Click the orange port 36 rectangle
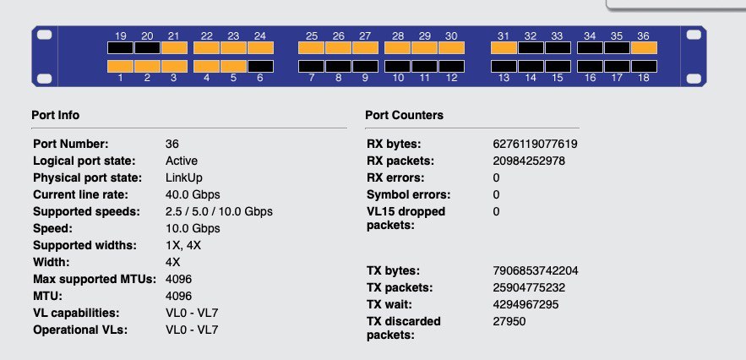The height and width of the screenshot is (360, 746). [644, 47]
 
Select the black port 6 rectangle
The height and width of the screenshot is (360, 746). [260, 66]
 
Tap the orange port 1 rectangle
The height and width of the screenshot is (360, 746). [120, 66]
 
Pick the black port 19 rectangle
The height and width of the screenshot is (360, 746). [120, 47]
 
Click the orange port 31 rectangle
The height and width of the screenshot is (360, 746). [504, 47]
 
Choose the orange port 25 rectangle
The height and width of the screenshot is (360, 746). [311, 47]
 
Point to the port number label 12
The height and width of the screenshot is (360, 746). [451, 78]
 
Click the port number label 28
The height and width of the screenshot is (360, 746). [398, 36]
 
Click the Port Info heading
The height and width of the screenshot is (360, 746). [56, 115]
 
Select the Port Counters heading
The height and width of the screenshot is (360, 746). [405, 115]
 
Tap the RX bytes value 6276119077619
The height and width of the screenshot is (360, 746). [536, 144]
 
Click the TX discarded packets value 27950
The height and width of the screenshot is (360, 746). [509, 321]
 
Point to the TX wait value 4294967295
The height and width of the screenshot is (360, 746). [525, 304]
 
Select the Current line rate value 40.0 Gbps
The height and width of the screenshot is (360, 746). [193, 194]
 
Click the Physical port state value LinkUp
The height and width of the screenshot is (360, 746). [183, 177]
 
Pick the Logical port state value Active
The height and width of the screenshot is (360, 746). [182, 161]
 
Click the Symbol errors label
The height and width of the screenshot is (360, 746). [409, 194]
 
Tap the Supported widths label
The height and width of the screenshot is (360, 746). [84, 245]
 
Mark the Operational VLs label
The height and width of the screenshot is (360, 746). [80, 330]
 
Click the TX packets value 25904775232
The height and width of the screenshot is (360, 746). [529, 287]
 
